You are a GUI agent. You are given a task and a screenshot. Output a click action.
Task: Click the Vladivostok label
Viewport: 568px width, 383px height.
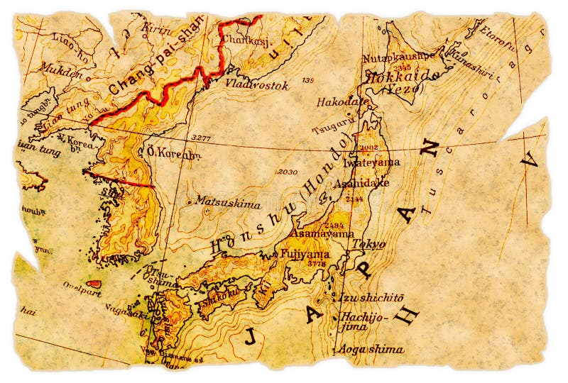[257, 85]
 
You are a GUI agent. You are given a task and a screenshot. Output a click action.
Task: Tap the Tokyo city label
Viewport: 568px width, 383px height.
[369, 244]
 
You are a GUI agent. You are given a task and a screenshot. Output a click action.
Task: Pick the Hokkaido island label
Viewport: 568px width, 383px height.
[395, 78]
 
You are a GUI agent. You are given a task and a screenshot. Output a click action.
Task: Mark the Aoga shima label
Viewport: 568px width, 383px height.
[371, 349]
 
